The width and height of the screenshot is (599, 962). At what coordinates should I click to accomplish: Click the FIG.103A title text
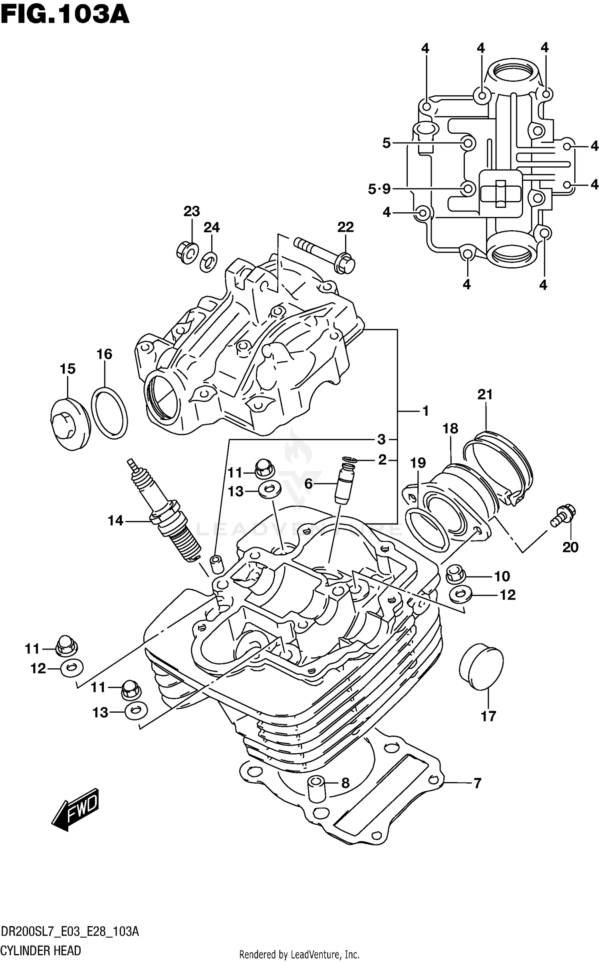click(x=65, y=15)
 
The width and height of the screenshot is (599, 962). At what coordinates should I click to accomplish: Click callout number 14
click(x=115, y=520)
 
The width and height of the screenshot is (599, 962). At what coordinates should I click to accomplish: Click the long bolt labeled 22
click(x=325, y=255)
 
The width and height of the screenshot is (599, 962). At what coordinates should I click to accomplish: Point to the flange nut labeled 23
click(x=187, y=252)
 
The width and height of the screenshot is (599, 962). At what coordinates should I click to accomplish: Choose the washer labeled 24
click(x=209, y=261)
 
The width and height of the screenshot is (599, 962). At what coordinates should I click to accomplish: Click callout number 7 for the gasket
click(x=477, y=783)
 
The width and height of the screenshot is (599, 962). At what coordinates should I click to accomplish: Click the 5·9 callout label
click(x=379, y=188)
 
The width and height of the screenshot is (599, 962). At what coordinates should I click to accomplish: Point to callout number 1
click(x=425, y=411)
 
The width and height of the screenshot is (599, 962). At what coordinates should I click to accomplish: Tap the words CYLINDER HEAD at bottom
click(x=41, y=950)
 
